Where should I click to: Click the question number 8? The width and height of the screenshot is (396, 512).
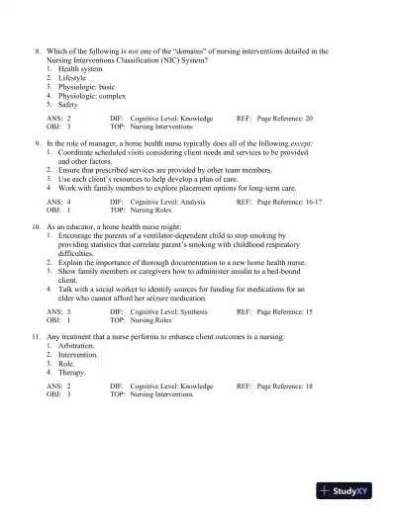[37, 49]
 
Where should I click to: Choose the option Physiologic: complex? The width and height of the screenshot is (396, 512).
[88, 95]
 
